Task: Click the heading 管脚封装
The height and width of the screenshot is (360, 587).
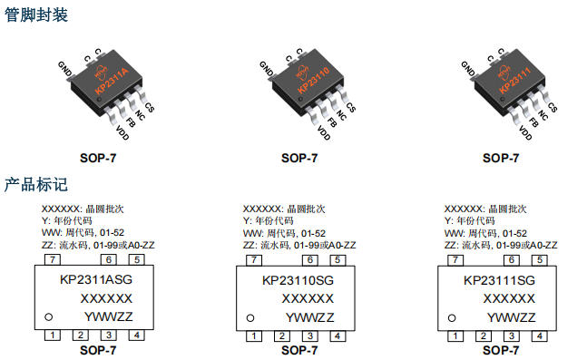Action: point(36,15)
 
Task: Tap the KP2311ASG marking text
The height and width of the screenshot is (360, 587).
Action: point(96,280)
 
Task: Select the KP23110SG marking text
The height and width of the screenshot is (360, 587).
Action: point(298,280)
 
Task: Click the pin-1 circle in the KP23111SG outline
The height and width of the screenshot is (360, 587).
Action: point(452,316)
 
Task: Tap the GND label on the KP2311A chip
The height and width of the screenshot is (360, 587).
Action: point(64,69)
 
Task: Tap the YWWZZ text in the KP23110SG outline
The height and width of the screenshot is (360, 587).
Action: point(310,316)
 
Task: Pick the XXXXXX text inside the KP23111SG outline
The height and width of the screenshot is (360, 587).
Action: point(509,298)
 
